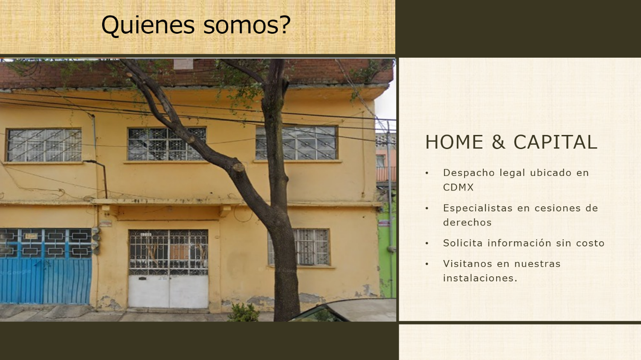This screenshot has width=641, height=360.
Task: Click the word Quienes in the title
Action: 148,25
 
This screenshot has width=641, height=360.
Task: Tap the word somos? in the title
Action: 247,25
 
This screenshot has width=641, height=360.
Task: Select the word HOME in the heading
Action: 454,142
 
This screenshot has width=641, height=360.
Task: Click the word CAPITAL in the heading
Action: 556,142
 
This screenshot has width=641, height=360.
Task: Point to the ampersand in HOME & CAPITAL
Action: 498,142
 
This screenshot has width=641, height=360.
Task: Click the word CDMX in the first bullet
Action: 458,187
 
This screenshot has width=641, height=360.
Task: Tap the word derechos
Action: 468,222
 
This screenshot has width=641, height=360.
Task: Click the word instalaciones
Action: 480,278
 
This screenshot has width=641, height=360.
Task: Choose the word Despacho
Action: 469,173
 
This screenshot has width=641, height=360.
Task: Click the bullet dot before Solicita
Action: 427,243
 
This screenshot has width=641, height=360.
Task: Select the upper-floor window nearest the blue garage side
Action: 44,145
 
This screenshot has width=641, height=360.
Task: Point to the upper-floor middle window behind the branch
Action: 167,144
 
